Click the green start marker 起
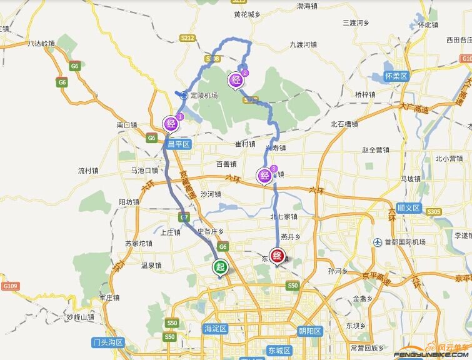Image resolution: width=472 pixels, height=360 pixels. (x=221, y=267)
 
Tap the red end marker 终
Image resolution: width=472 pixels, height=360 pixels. (x=278, y=256)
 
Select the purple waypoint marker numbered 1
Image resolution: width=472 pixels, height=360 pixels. (x=170, y=123)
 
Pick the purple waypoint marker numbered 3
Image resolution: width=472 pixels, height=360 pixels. (x=264, y=176)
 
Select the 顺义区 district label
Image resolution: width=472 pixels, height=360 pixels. (x=409, y=207)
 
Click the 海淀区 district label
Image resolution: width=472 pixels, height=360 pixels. (x=216, y=329)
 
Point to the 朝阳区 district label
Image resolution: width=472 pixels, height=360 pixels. (x=309, y=331)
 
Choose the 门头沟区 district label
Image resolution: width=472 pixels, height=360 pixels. (x=108, y=342)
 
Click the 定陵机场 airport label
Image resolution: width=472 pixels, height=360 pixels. (x=204, y=96)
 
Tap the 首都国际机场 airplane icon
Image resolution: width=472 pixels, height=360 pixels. (x=378, y=242)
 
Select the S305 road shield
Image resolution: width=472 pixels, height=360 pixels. (x=434, y=212)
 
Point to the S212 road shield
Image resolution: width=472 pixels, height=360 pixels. (x=188, y=38)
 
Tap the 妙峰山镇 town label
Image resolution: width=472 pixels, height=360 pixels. (x=80, y=317)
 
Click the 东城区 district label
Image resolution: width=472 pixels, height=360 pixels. (x=279, y=351)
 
